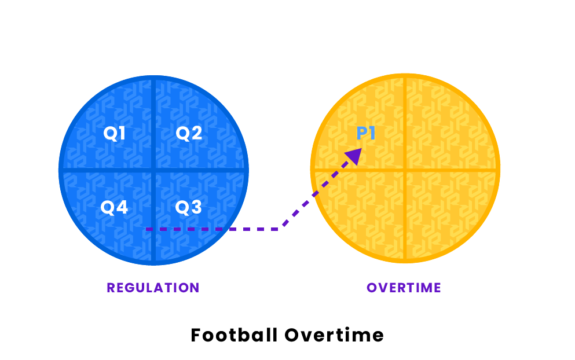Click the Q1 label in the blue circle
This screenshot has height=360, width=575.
[x=115, y=134]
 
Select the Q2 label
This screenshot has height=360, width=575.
[x=189, y=134]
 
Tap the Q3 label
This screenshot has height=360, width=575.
[x=189, y=207]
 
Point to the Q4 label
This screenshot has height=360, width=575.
[x=114, y=207]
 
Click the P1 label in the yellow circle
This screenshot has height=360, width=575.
[x=366, y=134]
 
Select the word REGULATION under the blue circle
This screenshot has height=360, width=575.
[x=153, y=288]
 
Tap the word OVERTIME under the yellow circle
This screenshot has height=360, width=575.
[x=404, y=288]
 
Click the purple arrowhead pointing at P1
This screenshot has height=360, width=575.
[x=354, y=155]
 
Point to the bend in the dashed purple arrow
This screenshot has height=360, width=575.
[x=282, y=229]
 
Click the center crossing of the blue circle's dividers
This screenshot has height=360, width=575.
[x=153, y=170]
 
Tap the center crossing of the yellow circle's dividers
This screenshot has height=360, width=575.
[x=405, y=170]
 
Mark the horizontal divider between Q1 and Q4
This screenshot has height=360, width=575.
[x=104, y=170]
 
